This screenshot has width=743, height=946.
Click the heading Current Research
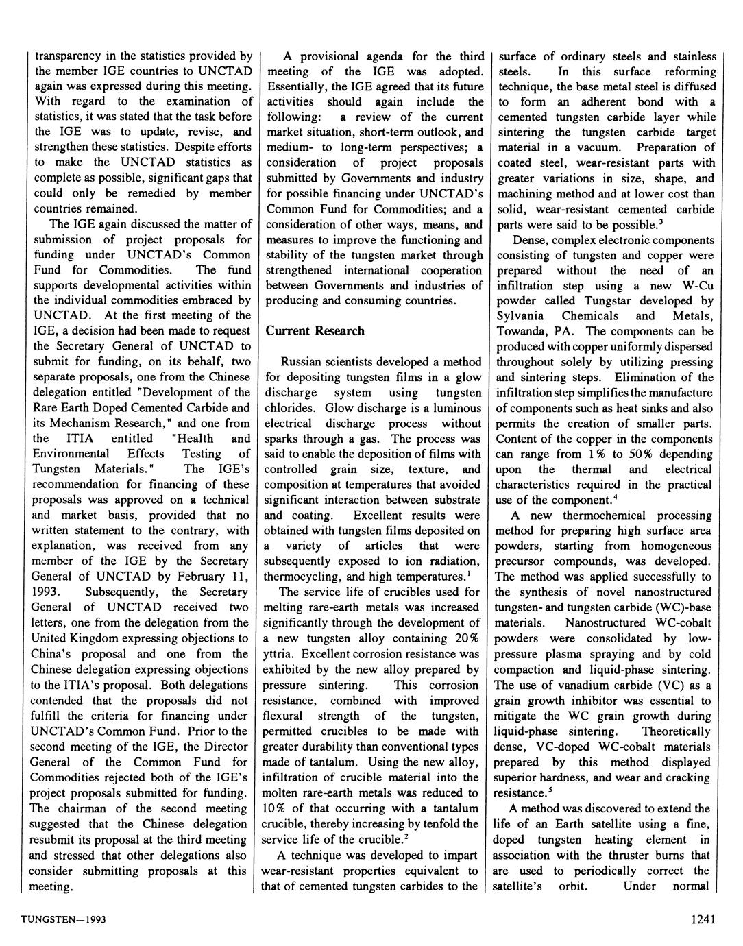315,331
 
